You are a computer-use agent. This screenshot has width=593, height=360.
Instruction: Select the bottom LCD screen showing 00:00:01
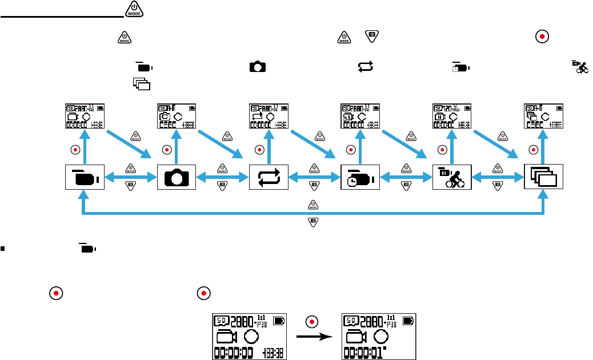click(378, 337)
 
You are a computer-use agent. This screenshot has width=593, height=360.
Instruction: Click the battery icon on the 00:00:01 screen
click(408, 321)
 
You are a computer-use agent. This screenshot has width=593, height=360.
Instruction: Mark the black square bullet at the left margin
click(3, 249)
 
